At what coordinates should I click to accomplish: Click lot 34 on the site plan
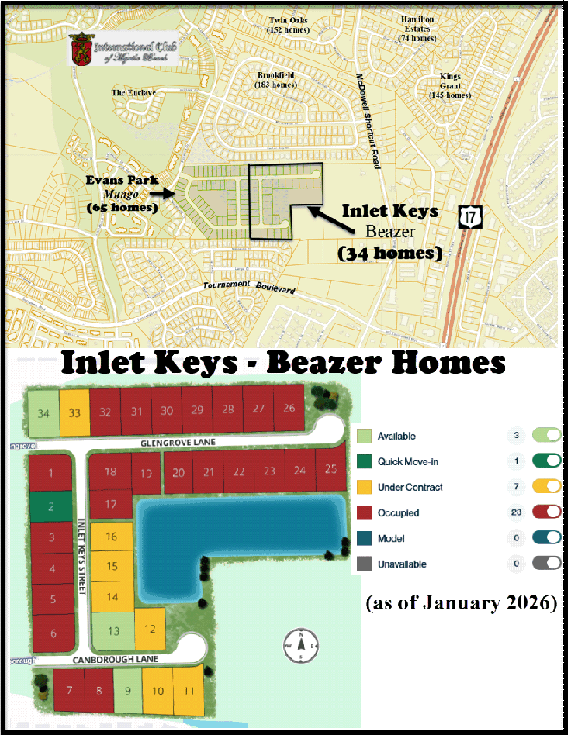click(x=43, y=411)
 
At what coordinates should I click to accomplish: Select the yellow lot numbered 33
click(x=75, y=411)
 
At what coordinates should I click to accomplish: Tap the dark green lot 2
click(x=51, y=506)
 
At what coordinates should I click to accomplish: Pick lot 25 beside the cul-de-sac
click(x=329, y=468)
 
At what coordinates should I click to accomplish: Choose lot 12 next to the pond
click(x=149, y=627)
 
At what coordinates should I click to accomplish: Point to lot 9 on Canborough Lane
click(x=129, y=689)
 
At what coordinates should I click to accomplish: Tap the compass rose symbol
click(x=301, y=644)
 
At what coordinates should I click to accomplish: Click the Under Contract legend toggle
click(x=549, y=487)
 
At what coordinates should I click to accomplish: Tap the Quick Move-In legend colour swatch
click(x=364, y=462)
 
